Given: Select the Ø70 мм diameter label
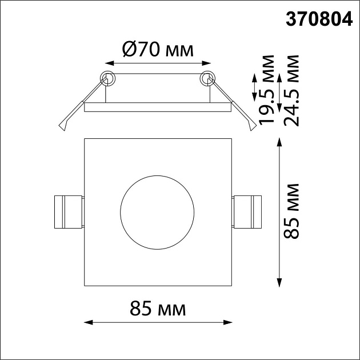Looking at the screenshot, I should (x=158, y=50).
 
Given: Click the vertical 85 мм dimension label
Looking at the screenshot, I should (x=291, y=211).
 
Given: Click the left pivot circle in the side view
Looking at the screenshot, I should (x=107, y=78).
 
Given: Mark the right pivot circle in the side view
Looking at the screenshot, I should (x=207, y=78).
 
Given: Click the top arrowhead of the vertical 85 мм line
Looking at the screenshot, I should (x=279, y=142).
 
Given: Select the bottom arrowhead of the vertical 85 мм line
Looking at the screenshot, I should (x=279, y=282).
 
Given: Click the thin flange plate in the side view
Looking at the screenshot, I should (x=158, y=106).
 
